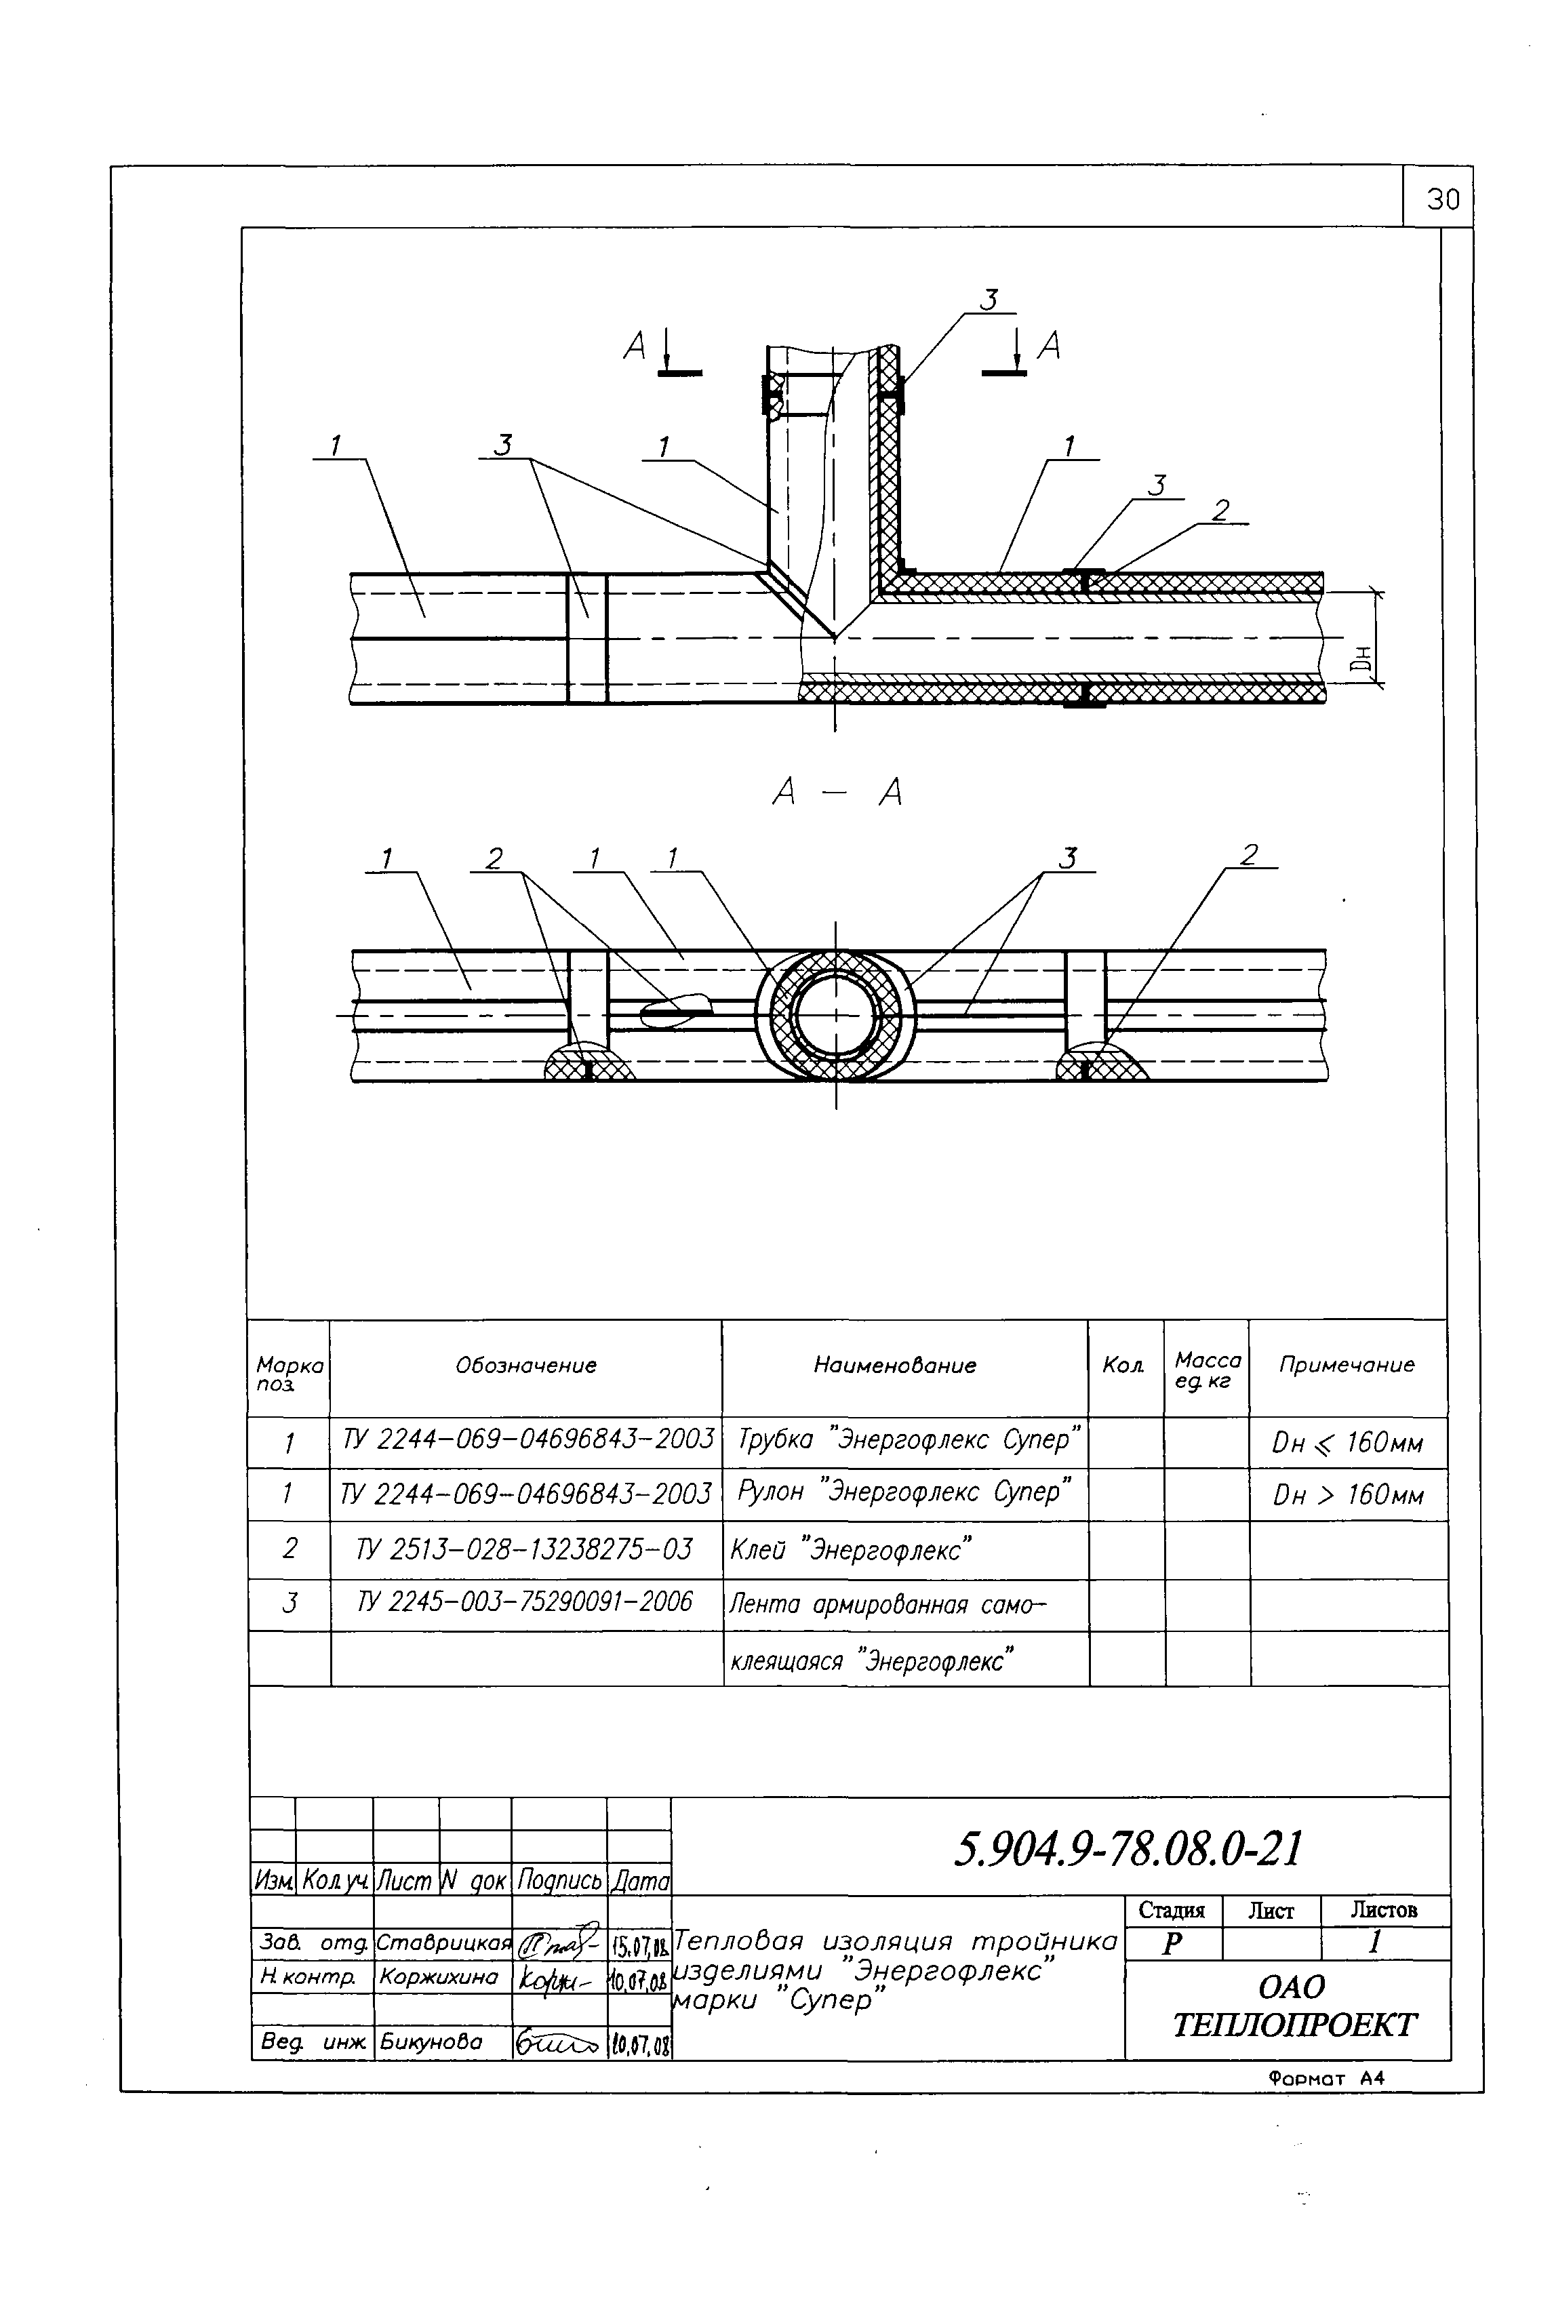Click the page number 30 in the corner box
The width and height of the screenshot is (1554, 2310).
[1442, 200]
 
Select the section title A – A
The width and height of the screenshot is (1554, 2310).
[837, 793]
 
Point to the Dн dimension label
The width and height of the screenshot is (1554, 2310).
[1365, 658]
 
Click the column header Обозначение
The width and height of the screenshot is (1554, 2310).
[526, 1366]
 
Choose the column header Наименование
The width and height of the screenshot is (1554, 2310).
[895, 1366]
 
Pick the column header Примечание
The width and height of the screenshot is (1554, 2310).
[1346, 1366]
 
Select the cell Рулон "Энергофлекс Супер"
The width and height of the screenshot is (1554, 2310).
[904, 1492]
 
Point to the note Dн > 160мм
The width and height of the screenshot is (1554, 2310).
[1348, 1494]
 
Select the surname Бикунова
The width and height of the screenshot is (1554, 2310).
[431, 2042]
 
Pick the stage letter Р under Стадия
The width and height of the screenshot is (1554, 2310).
[1172, 1945]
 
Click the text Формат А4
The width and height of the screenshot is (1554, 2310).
[1325, 2078]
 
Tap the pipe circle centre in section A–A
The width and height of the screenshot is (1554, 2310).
[835, 1016]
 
